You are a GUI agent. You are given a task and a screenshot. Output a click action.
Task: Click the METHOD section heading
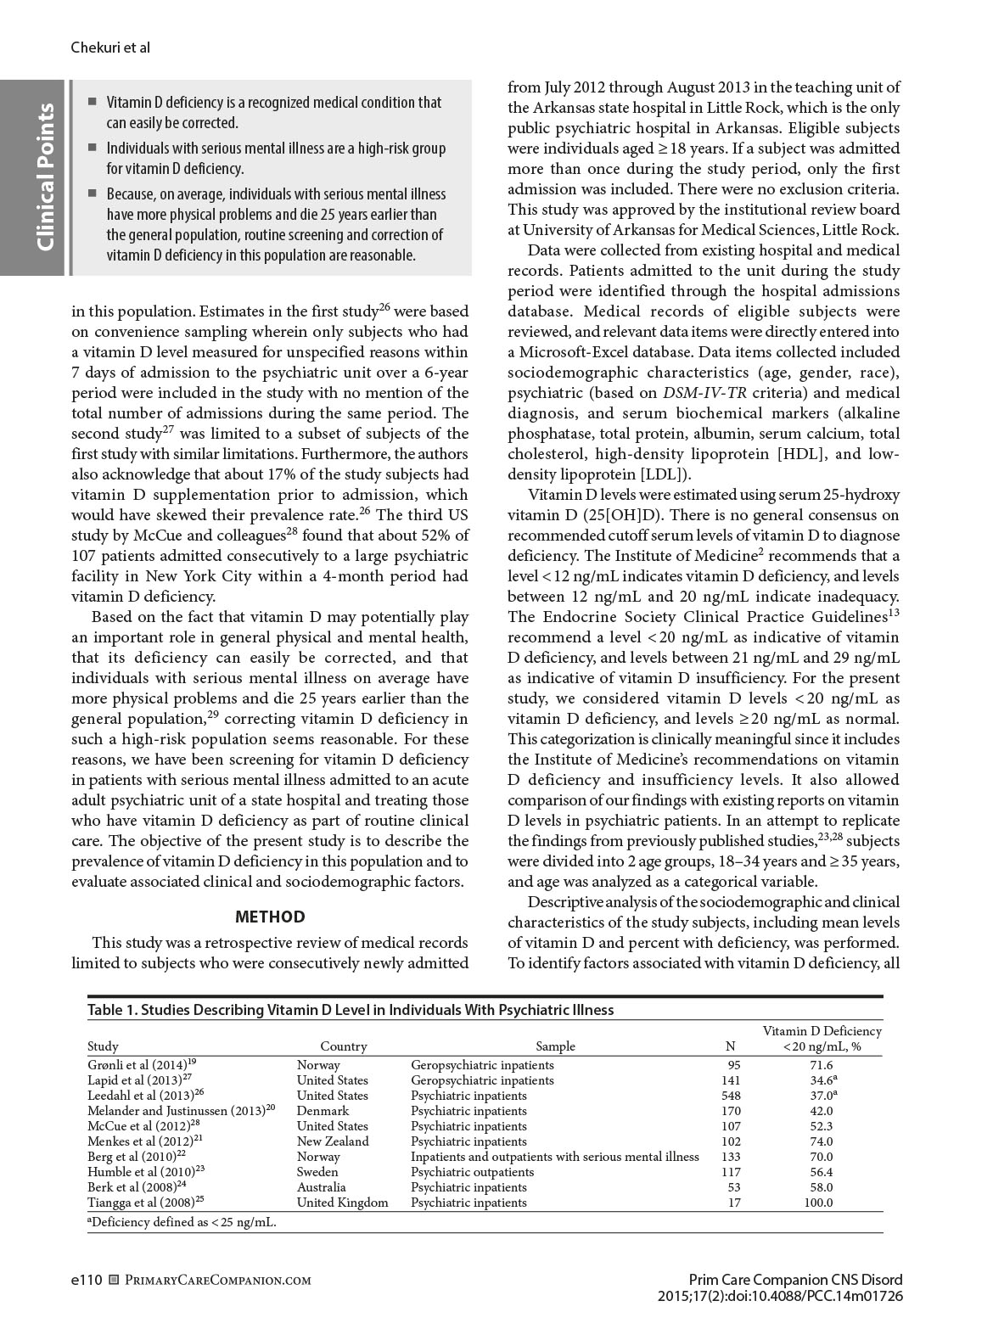click(x=269, y=917)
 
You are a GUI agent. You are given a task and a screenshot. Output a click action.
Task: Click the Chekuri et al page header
click(x=110, y=48)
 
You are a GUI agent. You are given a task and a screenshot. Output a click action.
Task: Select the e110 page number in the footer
click(x=87, y=1280)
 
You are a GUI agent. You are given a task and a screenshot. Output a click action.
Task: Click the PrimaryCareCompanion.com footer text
click(x=218, y=1280)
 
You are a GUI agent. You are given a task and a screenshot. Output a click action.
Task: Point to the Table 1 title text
click(x=351, y=1010)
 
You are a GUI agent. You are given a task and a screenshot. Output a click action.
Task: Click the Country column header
click(x=344, y=1046)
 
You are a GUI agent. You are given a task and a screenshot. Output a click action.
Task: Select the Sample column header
click(x=555, y=1046)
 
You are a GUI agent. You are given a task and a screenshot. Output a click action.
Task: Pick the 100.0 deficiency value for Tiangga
click(x=818, y=1203)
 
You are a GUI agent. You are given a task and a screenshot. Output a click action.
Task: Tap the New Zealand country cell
click(x=333, y=1141)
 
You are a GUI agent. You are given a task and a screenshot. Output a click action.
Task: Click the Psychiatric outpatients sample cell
click(x=472, y=1172)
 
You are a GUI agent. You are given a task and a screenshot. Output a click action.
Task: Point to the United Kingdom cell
click(x=342, y=1203)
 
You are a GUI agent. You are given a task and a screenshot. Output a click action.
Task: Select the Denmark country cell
click(x=323, y=1111)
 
